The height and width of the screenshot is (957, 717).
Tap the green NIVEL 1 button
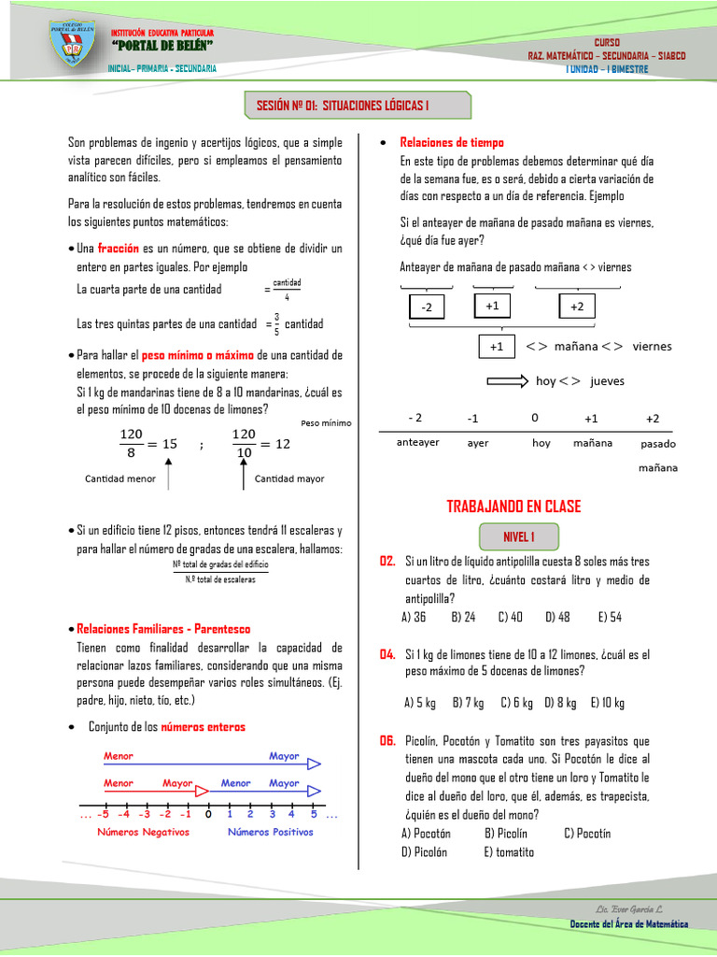point(518,536)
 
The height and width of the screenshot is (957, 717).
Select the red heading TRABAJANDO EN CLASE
point(513,507)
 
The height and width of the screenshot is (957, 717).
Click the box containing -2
point(427,307)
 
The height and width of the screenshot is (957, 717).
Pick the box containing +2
point(577,307)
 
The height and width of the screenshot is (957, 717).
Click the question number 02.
point(387,561)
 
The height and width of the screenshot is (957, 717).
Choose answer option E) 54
point(610,617)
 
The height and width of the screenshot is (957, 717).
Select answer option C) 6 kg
point(516,703)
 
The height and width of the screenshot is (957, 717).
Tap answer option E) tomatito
point(509,851)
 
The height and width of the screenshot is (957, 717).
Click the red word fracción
point(119,249)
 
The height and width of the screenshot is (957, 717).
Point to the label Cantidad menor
point(120,478)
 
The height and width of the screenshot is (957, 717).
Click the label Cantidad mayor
point(289,478)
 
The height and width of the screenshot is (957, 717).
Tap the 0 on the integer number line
point(207,815)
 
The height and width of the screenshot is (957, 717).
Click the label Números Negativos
point(143,832)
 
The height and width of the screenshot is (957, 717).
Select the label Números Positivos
point(271,832)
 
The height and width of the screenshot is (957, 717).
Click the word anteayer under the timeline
point(417,442)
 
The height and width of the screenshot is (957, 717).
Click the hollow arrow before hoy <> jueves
point(508,380)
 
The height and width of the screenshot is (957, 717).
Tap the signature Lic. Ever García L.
point(628,909)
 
